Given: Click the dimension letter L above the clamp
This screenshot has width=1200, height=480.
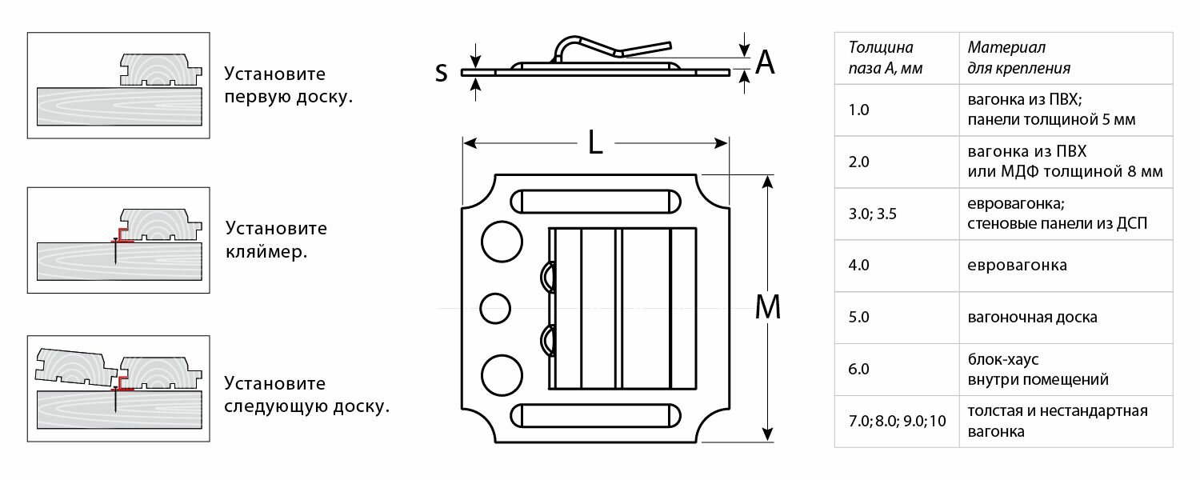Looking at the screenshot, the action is tap(594, 142).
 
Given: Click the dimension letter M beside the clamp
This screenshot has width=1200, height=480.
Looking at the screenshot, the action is tap(767, 307).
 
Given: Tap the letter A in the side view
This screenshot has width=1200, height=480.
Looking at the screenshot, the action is tap(765, 61).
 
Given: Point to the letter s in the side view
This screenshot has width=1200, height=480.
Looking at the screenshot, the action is tap(441, 72).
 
